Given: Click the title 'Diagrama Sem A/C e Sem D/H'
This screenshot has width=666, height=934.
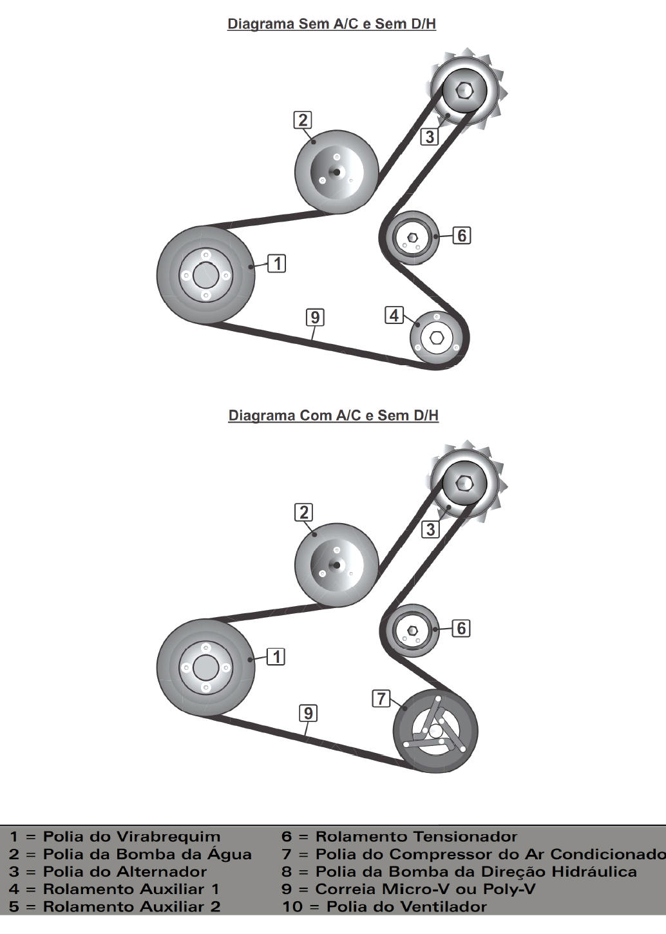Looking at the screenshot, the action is pyautogui.click(x=332, y=24).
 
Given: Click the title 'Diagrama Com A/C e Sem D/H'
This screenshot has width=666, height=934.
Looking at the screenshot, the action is pyautogui.click(x=333, y=415).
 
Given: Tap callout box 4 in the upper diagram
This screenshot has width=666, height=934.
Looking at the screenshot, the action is pyautogui.click(x=394, y=315).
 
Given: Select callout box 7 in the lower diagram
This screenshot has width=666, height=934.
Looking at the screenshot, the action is pyautogui.click(x=381, y=698).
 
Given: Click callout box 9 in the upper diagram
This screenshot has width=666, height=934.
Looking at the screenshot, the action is pyautogui.click(x=315, y=318).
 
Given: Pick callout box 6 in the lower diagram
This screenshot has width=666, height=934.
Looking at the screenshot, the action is pyautogui.click(x=461, y=628).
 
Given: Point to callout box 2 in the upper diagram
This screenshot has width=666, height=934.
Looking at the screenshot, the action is pyautogui.click(x=303, y=120).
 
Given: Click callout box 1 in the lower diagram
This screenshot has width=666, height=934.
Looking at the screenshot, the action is pyautogui.click(x=276, y=656).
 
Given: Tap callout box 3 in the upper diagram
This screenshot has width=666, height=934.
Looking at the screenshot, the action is pyautogui.click(x=430, y=137).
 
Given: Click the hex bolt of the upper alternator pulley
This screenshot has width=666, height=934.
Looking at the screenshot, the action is pyautogui.click(x=464, y=90).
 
